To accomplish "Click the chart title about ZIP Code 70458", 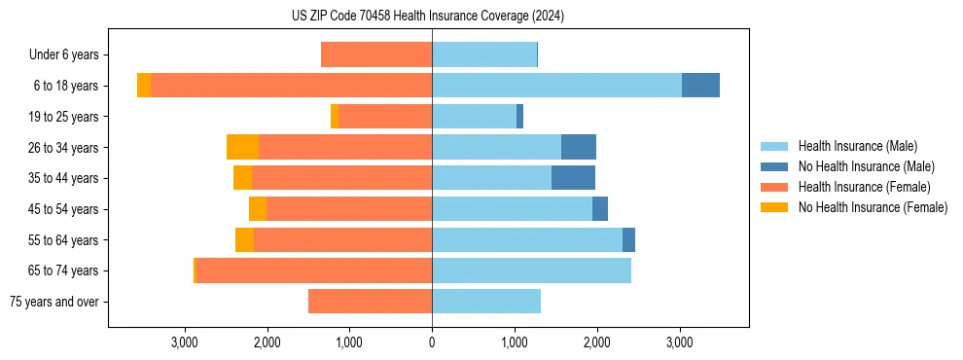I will click(427, 17).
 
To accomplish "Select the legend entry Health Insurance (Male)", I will click(857, 146).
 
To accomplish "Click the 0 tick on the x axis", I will click(432, 342).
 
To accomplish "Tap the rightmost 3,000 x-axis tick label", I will click(679, 342).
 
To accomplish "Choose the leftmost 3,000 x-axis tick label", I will click(185, 342).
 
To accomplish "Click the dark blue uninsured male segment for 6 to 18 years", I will click(700, 86).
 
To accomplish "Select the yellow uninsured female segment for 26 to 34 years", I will click(242, 147).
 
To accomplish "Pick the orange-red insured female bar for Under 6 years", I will click(376, 55).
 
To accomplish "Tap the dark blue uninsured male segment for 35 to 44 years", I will click(573, 178).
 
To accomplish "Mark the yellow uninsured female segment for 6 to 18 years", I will click(144, 86).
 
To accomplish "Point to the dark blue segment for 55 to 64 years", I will click(628, 239).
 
